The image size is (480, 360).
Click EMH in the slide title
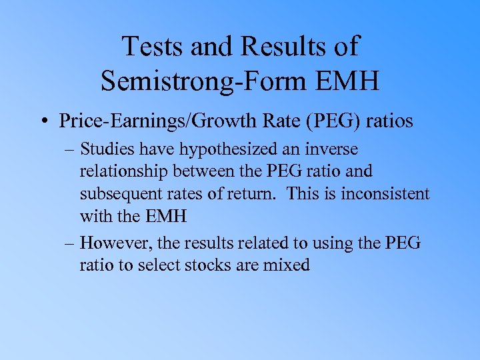point(347,81)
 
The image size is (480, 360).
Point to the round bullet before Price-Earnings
point(46,121)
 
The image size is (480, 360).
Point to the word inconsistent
point(386,193)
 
